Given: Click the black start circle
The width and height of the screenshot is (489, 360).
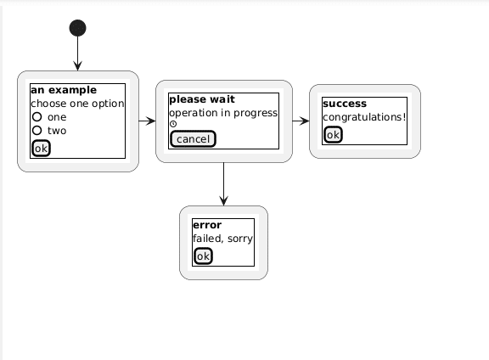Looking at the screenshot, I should [77, 28].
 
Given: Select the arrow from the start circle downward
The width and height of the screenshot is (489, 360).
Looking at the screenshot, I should [77, 54].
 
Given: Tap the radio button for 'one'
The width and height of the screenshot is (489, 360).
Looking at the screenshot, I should [37, 117].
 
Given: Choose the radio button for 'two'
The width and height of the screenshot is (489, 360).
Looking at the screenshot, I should [37, 131].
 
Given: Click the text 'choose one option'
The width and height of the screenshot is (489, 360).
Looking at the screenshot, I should [77, 104].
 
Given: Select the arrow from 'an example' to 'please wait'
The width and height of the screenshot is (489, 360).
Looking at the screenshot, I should [147, 121].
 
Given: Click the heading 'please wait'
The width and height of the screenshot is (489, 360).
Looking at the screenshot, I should [201, 99].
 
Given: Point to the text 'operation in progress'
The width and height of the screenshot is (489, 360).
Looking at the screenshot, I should [223, 113].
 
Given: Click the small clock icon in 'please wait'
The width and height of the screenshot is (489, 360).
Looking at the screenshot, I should [173, 125].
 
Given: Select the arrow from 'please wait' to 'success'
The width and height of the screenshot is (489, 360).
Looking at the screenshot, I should [301, 121].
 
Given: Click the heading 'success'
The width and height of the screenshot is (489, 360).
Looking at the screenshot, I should [345, 104].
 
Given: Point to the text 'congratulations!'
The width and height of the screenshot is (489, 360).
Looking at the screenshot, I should [364, 117].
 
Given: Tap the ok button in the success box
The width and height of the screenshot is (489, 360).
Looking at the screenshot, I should [333, 134].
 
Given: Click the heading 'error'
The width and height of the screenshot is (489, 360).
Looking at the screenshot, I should [207, 225].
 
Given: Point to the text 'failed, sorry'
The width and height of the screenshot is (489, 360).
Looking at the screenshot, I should [222, 239].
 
